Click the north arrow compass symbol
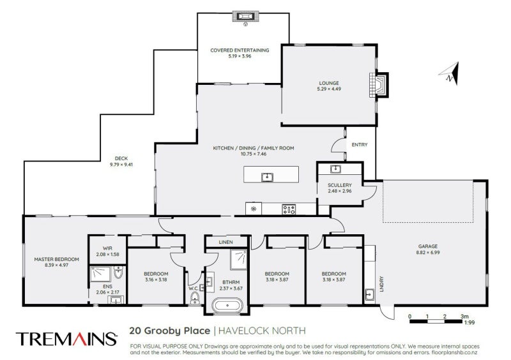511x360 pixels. (x=452, y=74)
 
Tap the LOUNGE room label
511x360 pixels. (x=329, y=82)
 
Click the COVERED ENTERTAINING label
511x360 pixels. (x=240, y=50)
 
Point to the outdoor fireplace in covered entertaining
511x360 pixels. (x=244, y=17)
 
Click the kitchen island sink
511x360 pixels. (x=267, y=177)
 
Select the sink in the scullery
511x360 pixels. (x=335, y=169)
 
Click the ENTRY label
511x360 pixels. (x=360, y=145)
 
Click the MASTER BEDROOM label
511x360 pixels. (x=56, y=259)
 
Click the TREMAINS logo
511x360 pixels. (x=66, y=338)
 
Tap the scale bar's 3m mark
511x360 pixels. (x=464, y=316)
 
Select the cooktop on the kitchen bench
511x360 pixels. (x=289, y=209)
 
